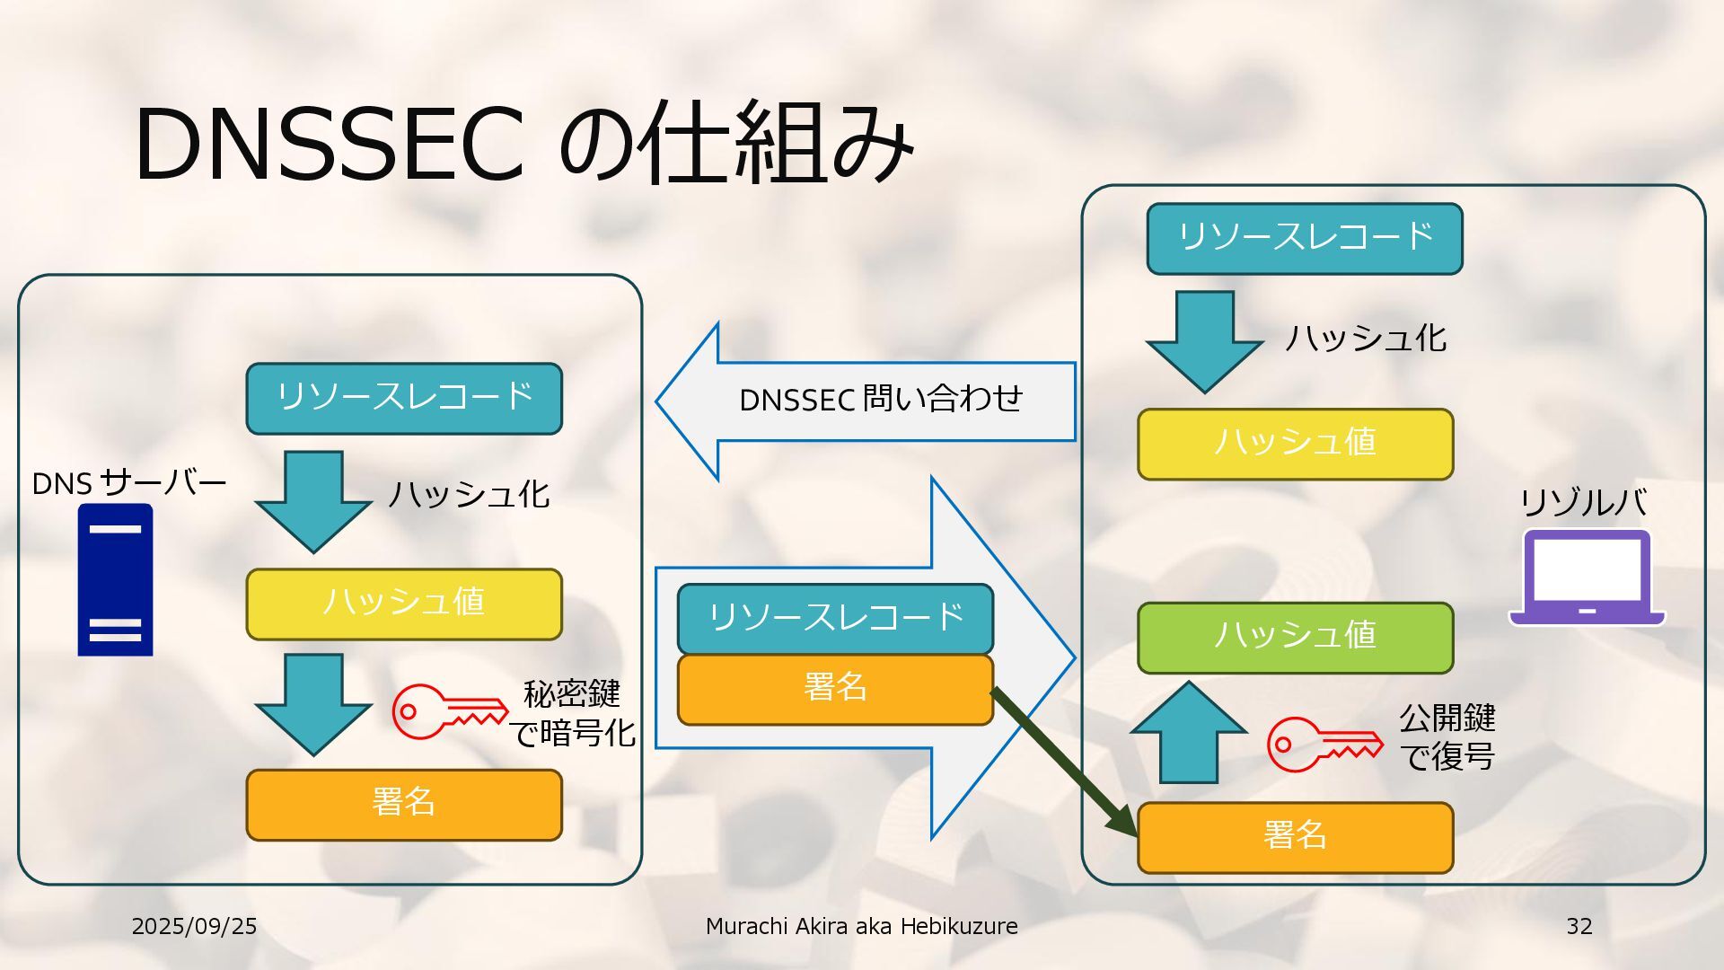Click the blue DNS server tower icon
(115, 579)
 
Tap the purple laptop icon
(1587, 578)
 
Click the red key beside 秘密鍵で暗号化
(449, 711)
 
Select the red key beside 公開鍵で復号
(1324, 744)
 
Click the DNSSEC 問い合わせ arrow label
(880, 400)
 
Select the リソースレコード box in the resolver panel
(1305, 238)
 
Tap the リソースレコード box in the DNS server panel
(404, 398)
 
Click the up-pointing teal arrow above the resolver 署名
(1189, 732)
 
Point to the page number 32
(1579, 926)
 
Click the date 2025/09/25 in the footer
(194, 926)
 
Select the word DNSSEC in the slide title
(329, 144)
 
